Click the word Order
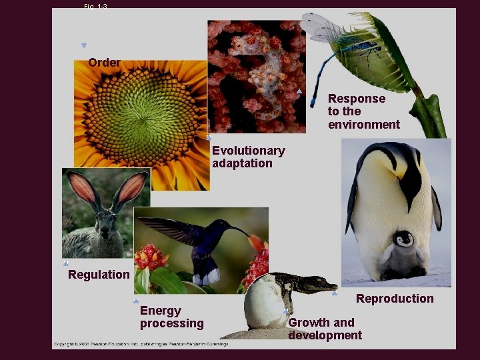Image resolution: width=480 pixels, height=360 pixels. point(105,63)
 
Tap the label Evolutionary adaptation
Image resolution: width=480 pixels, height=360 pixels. point(248,157)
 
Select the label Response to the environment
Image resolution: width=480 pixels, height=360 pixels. point(363,111)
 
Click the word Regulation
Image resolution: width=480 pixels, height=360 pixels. point(99,275)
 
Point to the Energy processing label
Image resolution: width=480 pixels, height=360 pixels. point(171,317)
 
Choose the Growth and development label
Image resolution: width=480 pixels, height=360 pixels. point(325,329)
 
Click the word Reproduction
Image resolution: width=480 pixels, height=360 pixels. point(395,299)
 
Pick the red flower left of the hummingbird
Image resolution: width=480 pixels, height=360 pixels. point(151,257)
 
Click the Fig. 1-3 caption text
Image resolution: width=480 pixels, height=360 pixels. point(96,6)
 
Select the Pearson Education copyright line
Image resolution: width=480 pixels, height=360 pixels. point(141,344)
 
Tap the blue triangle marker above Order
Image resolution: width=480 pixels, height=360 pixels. point(84,46)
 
